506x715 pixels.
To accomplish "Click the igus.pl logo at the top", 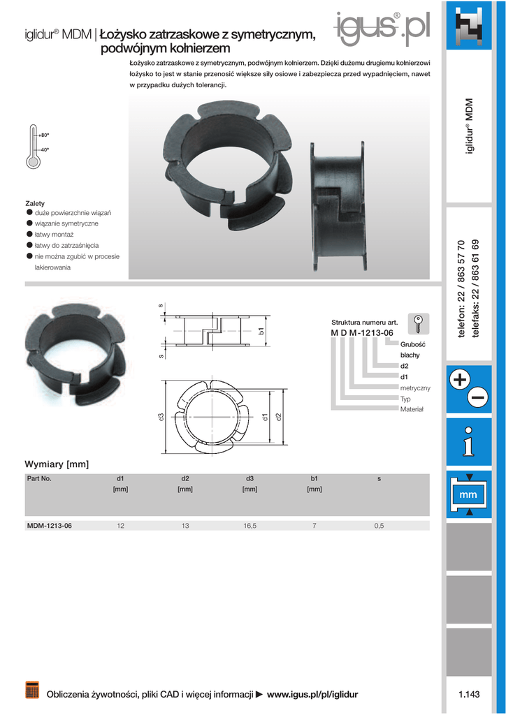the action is (x=382, y=28).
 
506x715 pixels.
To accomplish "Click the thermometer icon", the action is (x=34, y=146).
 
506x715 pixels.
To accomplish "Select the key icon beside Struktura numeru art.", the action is (x=418, y=324).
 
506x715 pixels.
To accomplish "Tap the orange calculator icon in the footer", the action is (x=32, y=690).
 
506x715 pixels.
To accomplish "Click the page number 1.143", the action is (x=469, y=694).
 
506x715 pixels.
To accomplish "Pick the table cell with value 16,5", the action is (x=250, y=526).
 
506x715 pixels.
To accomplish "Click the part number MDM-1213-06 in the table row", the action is (x=50, y=526).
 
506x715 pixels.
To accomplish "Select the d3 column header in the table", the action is (x=250, y=479).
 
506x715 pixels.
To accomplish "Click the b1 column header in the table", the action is (x=315, y=479).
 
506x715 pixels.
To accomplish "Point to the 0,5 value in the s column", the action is (x=379, y=526).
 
